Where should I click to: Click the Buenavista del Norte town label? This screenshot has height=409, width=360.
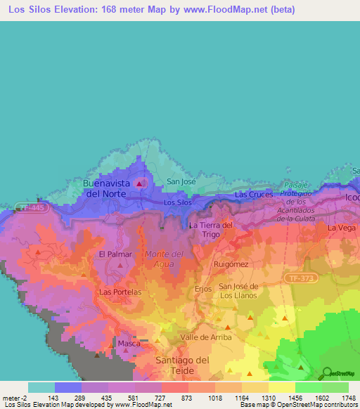point(107,188)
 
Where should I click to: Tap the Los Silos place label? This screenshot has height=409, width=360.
point(177,202)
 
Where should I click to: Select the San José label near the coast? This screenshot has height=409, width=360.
point(181,181)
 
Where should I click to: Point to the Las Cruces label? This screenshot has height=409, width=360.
point(253,194)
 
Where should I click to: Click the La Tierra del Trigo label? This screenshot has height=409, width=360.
point(211,230)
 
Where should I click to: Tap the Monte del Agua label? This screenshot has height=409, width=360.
point(164,258)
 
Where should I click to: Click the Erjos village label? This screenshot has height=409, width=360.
point(202,288)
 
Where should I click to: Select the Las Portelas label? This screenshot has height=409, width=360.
point(121,292)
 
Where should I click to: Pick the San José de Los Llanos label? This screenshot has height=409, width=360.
point(239,290)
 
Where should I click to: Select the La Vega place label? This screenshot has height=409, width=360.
point(340,228)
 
